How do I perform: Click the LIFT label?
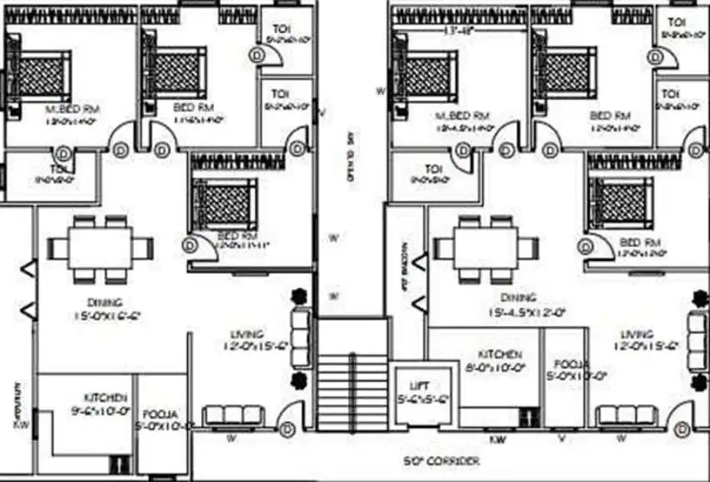point(420,386)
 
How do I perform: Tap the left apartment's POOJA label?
point(158,414)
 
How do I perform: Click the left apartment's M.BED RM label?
point(73,109)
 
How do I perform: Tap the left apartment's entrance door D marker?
point(289,429)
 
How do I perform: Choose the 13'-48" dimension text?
point(457,30)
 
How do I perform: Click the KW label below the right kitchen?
point(498,439)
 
